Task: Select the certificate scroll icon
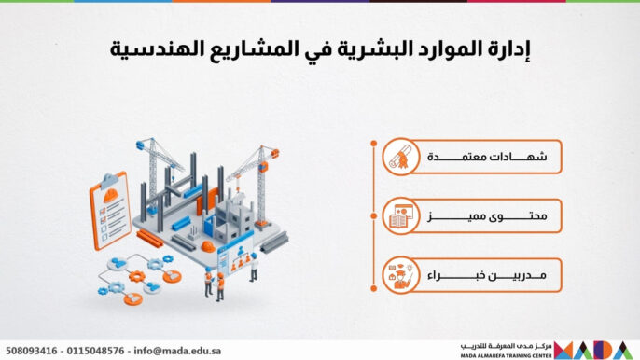(x=400, y=157)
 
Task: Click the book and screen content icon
(x=400, y=216)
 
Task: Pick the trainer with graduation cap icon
(x=400, y=275)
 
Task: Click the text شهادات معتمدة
(x=487, y=157)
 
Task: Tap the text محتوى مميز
(x=487, y=216)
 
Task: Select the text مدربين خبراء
(x=487, y=275)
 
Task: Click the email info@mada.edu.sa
(x=177, y=351)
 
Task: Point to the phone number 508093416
(x=32, y=351)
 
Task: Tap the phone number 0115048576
(x=95, y=351)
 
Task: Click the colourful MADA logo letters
(x=594, y=350)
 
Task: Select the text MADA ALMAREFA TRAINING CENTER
(x=506, y=356)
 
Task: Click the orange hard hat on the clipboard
(x=111, y=195)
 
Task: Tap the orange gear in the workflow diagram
(x=137, y=276)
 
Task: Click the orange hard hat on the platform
(x=208, y=246)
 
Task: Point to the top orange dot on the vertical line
(x=374, y=144)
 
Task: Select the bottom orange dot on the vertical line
(x=374, y=288)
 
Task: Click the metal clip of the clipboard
(x=109, y=180)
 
